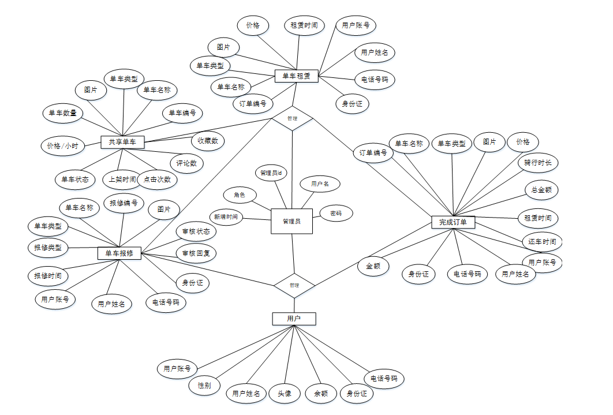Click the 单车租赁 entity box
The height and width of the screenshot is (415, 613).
[297, 76]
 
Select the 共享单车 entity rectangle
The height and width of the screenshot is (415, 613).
[122, 141]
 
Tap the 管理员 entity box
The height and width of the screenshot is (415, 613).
[291, 221]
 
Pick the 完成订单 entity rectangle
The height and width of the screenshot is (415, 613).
[453, 222]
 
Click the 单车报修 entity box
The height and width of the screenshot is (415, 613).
[119, 253]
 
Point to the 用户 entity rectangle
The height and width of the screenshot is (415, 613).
[294, 319]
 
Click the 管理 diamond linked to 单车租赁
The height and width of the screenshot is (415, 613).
[292, 118]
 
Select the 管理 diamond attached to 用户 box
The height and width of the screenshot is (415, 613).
[294, 285]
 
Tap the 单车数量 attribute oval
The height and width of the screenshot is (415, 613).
[63, 113]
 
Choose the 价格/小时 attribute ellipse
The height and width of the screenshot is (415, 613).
[63, 146]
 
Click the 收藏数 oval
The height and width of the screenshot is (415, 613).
[208, 140]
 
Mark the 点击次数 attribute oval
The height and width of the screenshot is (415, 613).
[157, 179]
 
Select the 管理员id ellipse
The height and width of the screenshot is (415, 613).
[271, 173]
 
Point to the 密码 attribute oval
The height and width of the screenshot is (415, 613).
[335, 213]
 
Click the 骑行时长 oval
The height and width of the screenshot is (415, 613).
[537, 163]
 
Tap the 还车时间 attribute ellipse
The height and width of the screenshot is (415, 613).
[541, 242]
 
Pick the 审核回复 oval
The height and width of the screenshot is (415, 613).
[196, 253]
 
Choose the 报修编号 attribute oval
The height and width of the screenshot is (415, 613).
[124, 203]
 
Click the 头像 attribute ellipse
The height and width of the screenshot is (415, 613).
[285, 394]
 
